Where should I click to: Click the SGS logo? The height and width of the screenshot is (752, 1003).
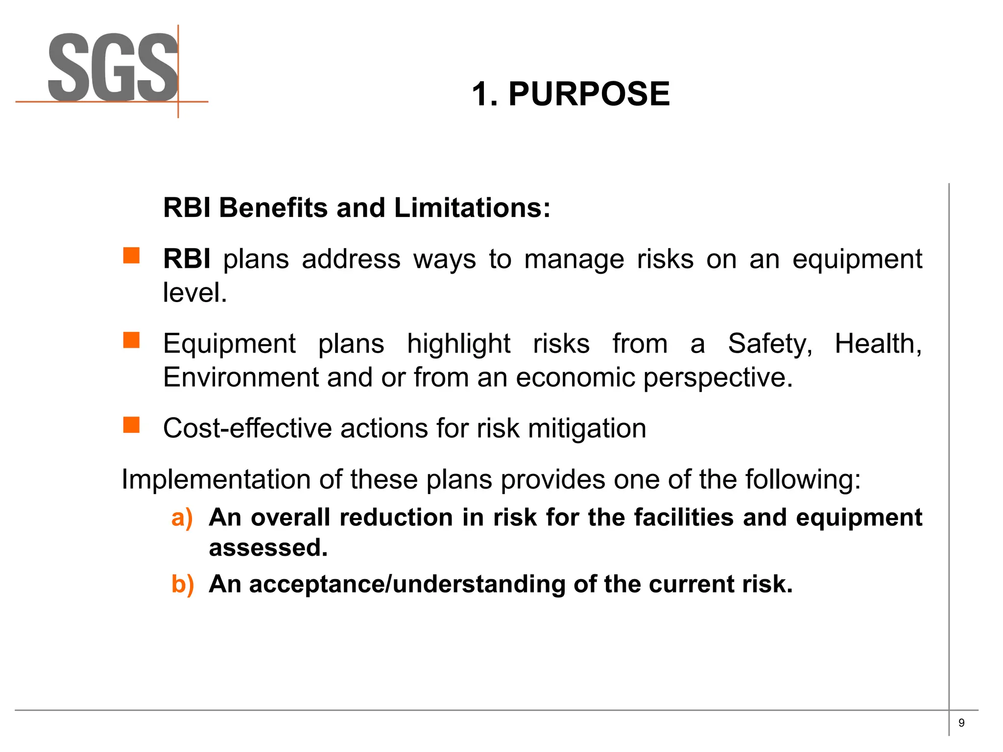coord(113,68)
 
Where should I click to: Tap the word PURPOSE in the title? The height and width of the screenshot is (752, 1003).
coord(589,94)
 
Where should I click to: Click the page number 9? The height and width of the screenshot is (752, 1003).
coord(961,723)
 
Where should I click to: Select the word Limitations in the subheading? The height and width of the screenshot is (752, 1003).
coord(472,208)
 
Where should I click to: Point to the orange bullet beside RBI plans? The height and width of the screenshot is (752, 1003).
coord(131,256)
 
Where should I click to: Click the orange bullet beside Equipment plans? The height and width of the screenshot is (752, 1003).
coord(131,340)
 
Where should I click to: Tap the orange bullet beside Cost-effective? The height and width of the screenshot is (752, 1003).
coord(131,425)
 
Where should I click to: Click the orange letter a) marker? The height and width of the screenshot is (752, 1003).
coord(182,518)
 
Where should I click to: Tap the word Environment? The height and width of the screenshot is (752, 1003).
coord(241,377)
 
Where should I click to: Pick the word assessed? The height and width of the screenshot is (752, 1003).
coord(268,547)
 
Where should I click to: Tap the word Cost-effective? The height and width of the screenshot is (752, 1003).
coord(247,428)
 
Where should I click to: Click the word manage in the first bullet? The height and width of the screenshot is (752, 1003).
coord(574,259)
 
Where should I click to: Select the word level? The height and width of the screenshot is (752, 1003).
coord(194,293)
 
